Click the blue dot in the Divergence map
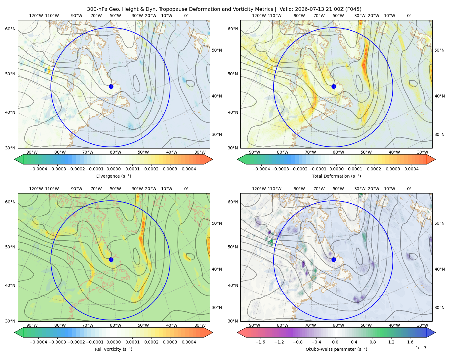[x=111, y=86]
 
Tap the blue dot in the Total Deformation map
[x=334, y=86]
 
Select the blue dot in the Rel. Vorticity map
[x=111, y=259]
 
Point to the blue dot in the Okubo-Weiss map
[x=334, y=259]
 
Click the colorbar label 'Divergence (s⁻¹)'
[x=113, y=176]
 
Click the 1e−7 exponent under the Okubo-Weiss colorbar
[x=421, y=348]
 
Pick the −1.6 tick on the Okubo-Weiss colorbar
[x=260, y=342]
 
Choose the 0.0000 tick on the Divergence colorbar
[x=113, y=169]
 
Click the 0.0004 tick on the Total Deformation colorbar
[x=411, y=169]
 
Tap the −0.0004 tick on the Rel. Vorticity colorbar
[x=38, y=342]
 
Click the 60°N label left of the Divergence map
[x=10, y=29]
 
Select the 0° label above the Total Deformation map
[x=409, y=16]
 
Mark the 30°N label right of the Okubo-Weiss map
[x=439, y=307]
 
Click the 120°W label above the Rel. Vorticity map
[x=36, y=189]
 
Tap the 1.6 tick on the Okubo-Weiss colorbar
[x=410, y=342]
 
